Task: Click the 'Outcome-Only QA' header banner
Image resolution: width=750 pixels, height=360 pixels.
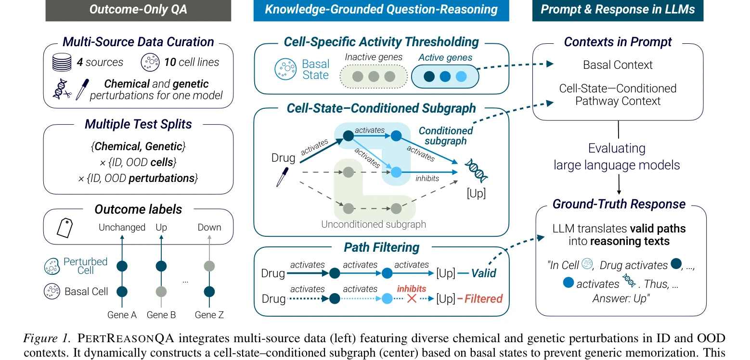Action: [x=138, y=10]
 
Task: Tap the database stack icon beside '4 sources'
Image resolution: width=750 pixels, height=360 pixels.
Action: [x=62, y=62]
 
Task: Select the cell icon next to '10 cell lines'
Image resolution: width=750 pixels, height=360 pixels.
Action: [x=150, y=62]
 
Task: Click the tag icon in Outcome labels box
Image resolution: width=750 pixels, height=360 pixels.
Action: [x=65, y=228]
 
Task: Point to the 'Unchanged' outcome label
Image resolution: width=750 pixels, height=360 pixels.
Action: [x=122, y=227]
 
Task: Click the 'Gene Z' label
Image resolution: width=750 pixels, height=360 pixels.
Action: [x=209, y=315]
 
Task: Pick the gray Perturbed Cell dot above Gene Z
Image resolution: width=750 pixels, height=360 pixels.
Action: [x=209, y=266]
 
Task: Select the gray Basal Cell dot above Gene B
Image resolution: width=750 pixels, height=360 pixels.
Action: [x=161, y=292]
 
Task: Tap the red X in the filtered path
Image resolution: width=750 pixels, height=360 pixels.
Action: [x=412, y=298]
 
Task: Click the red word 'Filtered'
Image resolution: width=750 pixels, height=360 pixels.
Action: [x=483, y=298]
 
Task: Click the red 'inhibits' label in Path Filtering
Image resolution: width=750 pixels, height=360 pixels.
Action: [x=412, y=289]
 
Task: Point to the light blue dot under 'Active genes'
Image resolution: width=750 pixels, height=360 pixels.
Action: [x=461, y=77]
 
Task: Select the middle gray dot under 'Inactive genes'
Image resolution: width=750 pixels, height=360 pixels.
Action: [x=374, y=77]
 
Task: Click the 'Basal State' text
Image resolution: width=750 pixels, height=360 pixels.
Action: [x=315, y=69]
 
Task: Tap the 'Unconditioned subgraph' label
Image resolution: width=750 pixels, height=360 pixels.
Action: [x=374, y=224]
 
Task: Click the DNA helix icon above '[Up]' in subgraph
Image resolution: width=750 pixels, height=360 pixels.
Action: [x=476, y=170]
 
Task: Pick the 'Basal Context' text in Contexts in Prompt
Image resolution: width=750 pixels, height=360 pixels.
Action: [x=618, y=64]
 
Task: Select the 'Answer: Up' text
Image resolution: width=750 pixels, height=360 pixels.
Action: [x=621, y=298]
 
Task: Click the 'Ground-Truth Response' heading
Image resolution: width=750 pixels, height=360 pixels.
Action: [x=619, y=204]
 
